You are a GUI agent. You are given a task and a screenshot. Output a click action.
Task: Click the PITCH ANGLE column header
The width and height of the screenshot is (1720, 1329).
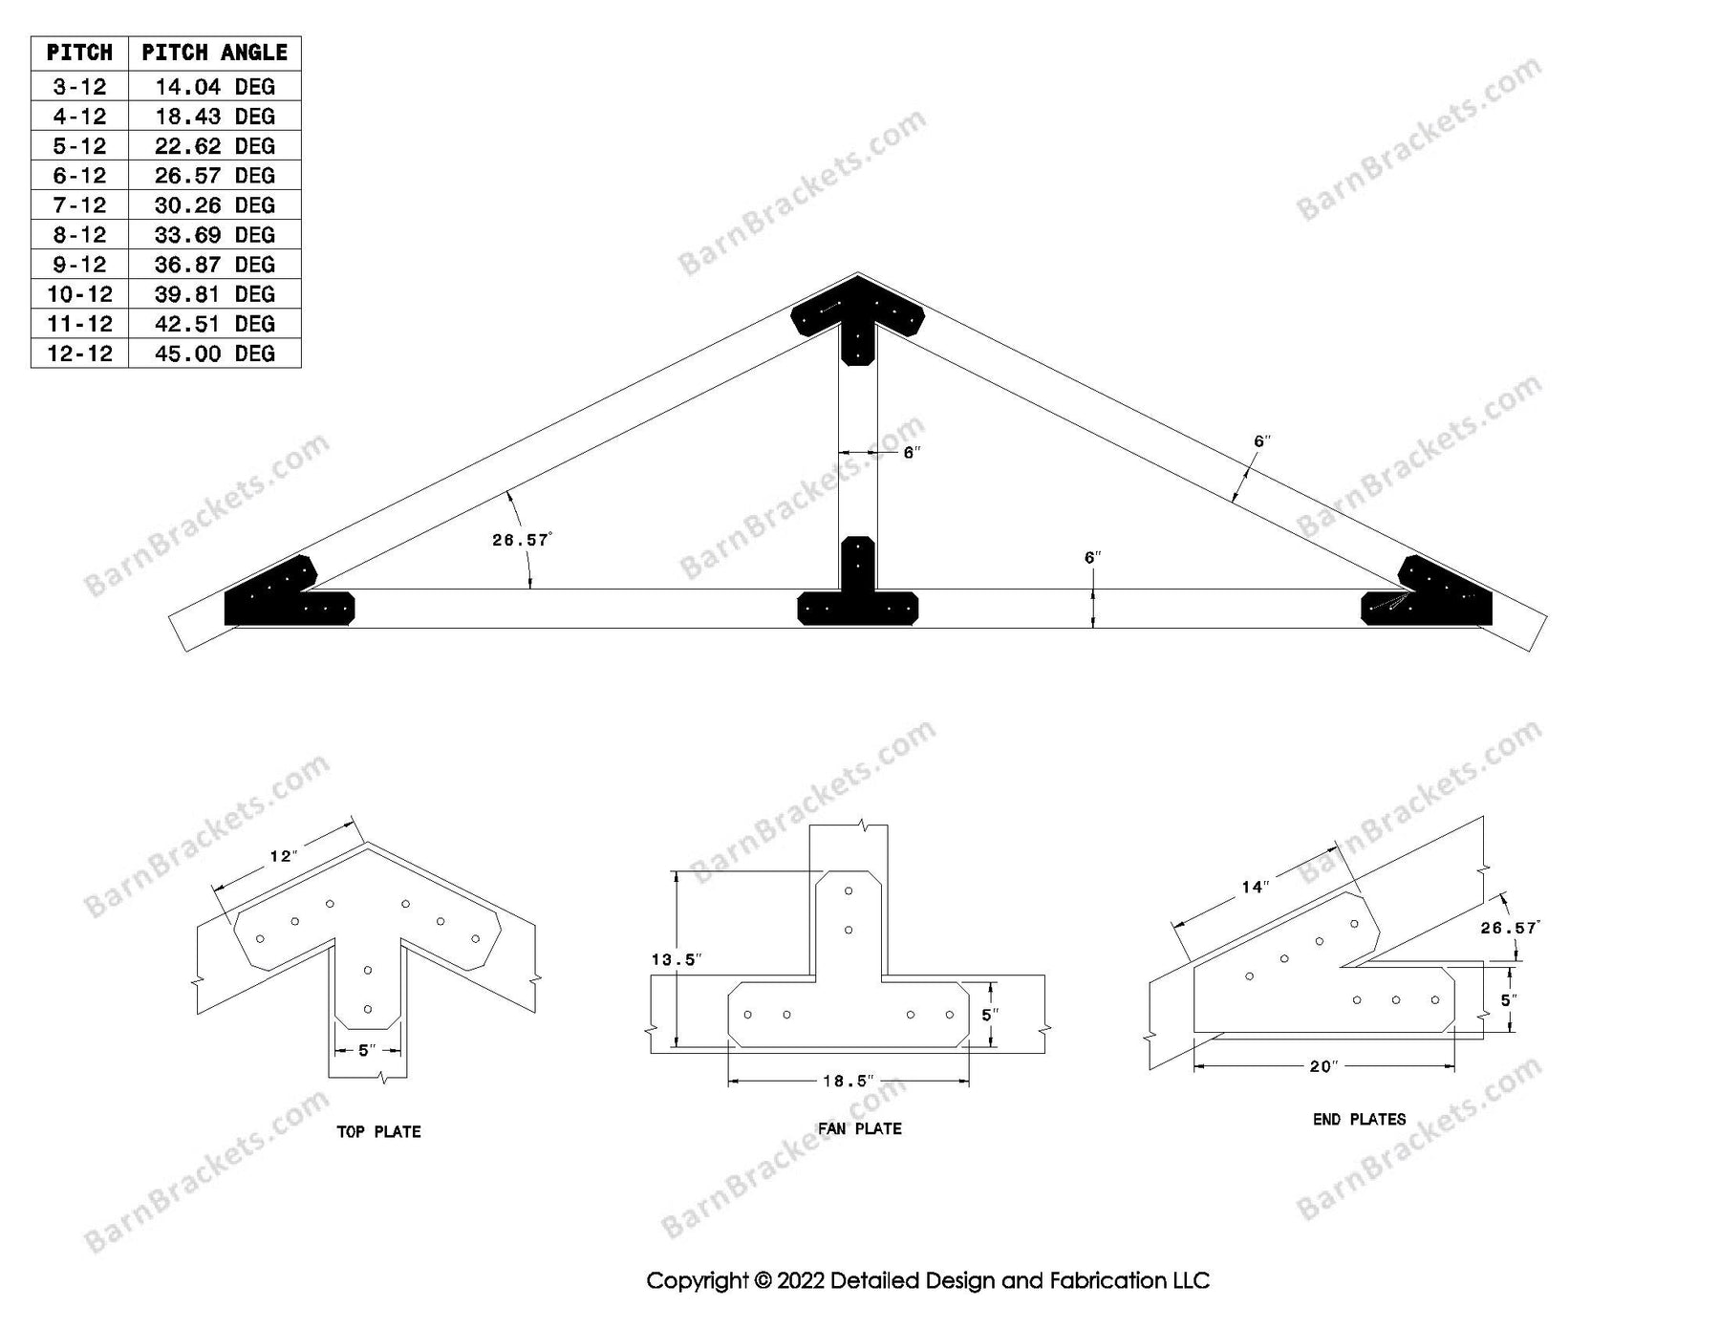pyautogui.click(x=214, y=53)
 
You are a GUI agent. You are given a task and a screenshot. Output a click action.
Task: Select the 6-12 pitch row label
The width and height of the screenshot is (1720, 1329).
pyautogui.click(x=79, y=176)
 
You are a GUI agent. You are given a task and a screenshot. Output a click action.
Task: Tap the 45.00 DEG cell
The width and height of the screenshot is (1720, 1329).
pyautogui.click(x=214, y=354)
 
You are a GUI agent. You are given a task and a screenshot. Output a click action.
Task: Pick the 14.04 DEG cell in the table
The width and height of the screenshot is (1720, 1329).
pyautogui.click(x=214, y=87)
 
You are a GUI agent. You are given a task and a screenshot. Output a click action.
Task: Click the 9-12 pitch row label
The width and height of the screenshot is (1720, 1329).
pyautogui.click(x=79, y=265)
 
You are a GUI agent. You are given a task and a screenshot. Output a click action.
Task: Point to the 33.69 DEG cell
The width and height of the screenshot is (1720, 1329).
pyautogui.click(x=214, y=235)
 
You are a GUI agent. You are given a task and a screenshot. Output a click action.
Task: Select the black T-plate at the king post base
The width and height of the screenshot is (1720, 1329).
pyautogui.click(x=858, y=582)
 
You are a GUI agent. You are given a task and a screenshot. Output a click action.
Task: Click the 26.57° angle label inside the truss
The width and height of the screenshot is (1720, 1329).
pyautogui.click(x=522, y=540)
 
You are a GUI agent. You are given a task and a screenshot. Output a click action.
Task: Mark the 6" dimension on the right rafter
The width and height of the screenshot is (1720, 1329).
pyautogui.click(x=1262, y=441)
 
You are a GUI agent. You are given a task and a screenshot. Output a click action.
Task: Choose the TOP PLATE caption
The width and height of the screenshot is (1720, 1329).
pyautogui.click(x=378, y=1132)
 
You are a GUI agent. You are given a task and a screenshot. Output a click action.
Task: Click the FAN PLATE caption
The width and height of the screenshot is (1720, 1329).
pyautogui.click(x=859, y=1129)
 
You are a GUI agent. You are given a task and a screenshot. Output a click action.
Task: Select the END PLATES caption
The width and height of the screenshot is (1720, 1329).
pyautogui.click(x=1359, y=1120)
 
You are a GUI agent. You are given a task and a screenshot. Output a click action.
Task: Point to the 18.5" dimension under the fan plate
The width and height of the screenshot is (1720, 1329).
pyautogui.click(x=849, y=1082)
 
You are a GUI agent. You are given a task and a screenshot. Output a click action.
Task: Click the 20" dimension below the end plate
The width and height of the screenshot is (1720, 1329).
pyautogui.click(x=1323, y=1066)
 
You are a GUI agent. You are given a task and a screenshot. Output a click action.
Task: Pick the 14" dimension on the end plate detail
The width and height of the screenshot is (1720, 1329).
pyautogui.click(x=1255, y=888)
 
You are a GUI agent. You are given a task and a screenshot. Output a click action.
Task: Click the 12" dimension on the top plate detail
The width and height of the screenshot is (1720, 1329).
pyautogui.click(x=283, y=856)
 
